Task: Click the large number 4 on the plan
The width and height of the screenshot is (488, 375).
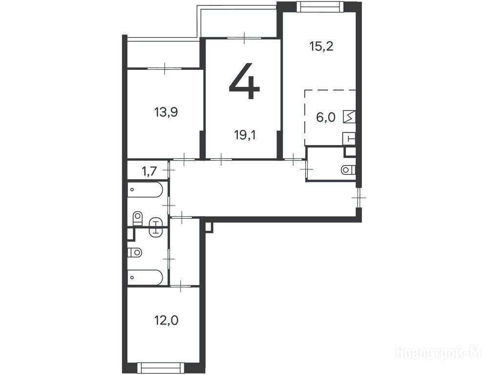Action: click(244, 81)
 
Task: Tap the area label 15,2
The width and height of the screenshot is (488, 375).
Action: click(321, 46)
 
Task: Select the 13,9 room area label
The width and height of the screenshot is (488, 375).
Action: click(166, 112)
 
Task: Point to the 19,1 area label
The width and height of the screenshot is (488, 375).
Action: click(245, 135)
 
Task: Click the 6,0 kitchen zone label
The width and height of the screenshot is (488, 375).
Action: click(325, 118)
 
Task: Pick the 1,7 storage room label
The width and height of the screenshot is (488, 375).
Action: click(149, 171)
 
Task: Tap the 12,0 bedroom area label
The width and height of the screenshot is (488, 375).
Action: click(167, 320)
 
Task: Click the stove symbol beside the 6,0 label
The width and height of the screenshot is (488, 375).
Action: click(349, 117)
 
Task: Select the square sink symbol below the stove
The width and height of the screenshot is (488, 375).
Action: click(349, 139)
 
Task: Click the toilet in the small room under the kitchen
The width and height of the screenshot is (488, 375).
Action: click(348, 170)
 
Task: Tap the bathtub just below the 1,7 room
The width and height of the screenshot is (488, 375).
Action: click(145, 190)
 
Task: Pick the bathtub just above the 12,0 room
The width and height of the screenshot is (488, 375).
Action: click(145, 277)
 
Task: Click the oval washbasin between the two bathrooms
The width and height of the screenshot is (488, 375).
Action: click(155, 228)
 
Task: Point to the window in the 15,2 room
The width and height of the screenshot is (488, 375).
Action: click(319, 6)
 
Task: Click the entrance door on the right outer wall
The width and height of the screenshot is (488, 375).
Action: click(359, 197)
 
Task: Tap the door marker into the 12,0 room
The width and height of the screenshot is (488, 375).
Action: click(181, 286)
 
